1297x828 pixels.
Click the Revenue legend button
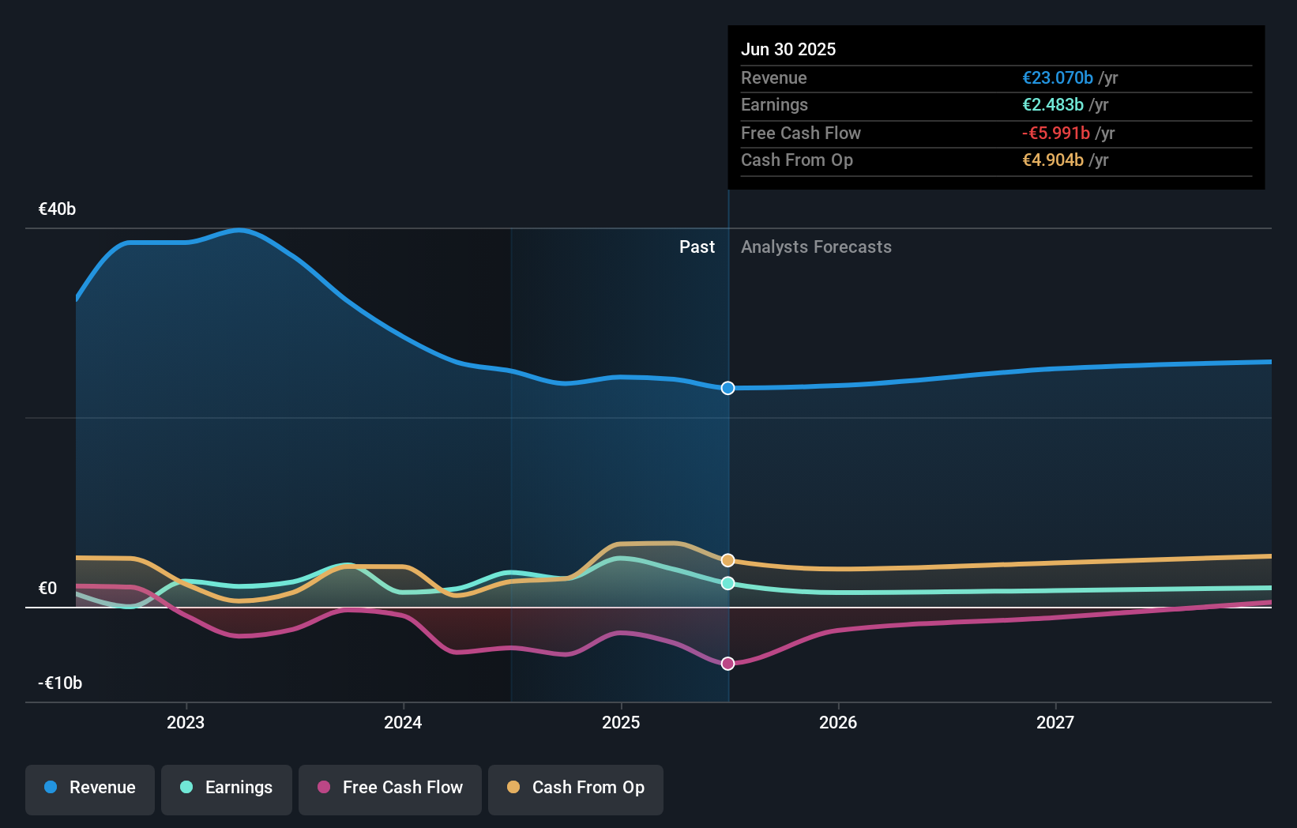(x=90, y=788)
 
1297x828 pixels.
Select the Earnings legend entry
(x=227, y=788)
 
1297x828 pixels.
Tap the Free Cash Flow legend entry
(x=390, y=788)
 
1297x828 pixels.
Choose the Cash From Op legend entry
(x=576, y=788)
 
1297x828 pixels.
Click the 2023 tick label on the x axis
(x=186, y=722)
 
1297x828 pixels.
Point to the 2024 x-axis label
(x=403, y=722)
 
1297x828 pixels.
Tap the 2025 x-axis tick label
(x=621, y=722)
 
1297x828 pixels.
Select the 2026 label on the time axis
(x=838, y=722)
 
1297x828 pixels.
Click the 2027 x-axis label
(x=1055, y=722)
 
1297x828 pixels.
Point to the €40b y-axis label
(x=57, y=209)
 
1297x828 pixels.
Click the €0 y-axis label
(x=47, y=588)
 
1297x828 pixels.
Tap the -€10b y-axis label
(x=60, y=683)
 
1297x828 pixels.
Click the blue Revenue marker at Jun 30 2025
(x=728, y=388)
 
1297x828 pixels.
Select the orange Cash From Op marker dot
(x=728, y=560)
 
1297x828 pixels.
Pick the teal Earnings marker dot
(x=728, y=583)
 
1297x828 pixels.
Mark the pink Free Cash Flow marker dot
(x=728, y=664)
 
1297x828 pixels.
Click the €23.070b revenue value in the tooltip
(x=1058, y=77)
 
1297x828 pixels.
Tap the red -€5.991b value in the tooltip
(x=1056, y=133)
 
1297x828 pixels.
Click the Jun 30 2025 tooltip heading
(x=788, y=49)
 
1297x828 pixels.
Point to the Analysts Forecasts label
(x=816, y=247)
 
